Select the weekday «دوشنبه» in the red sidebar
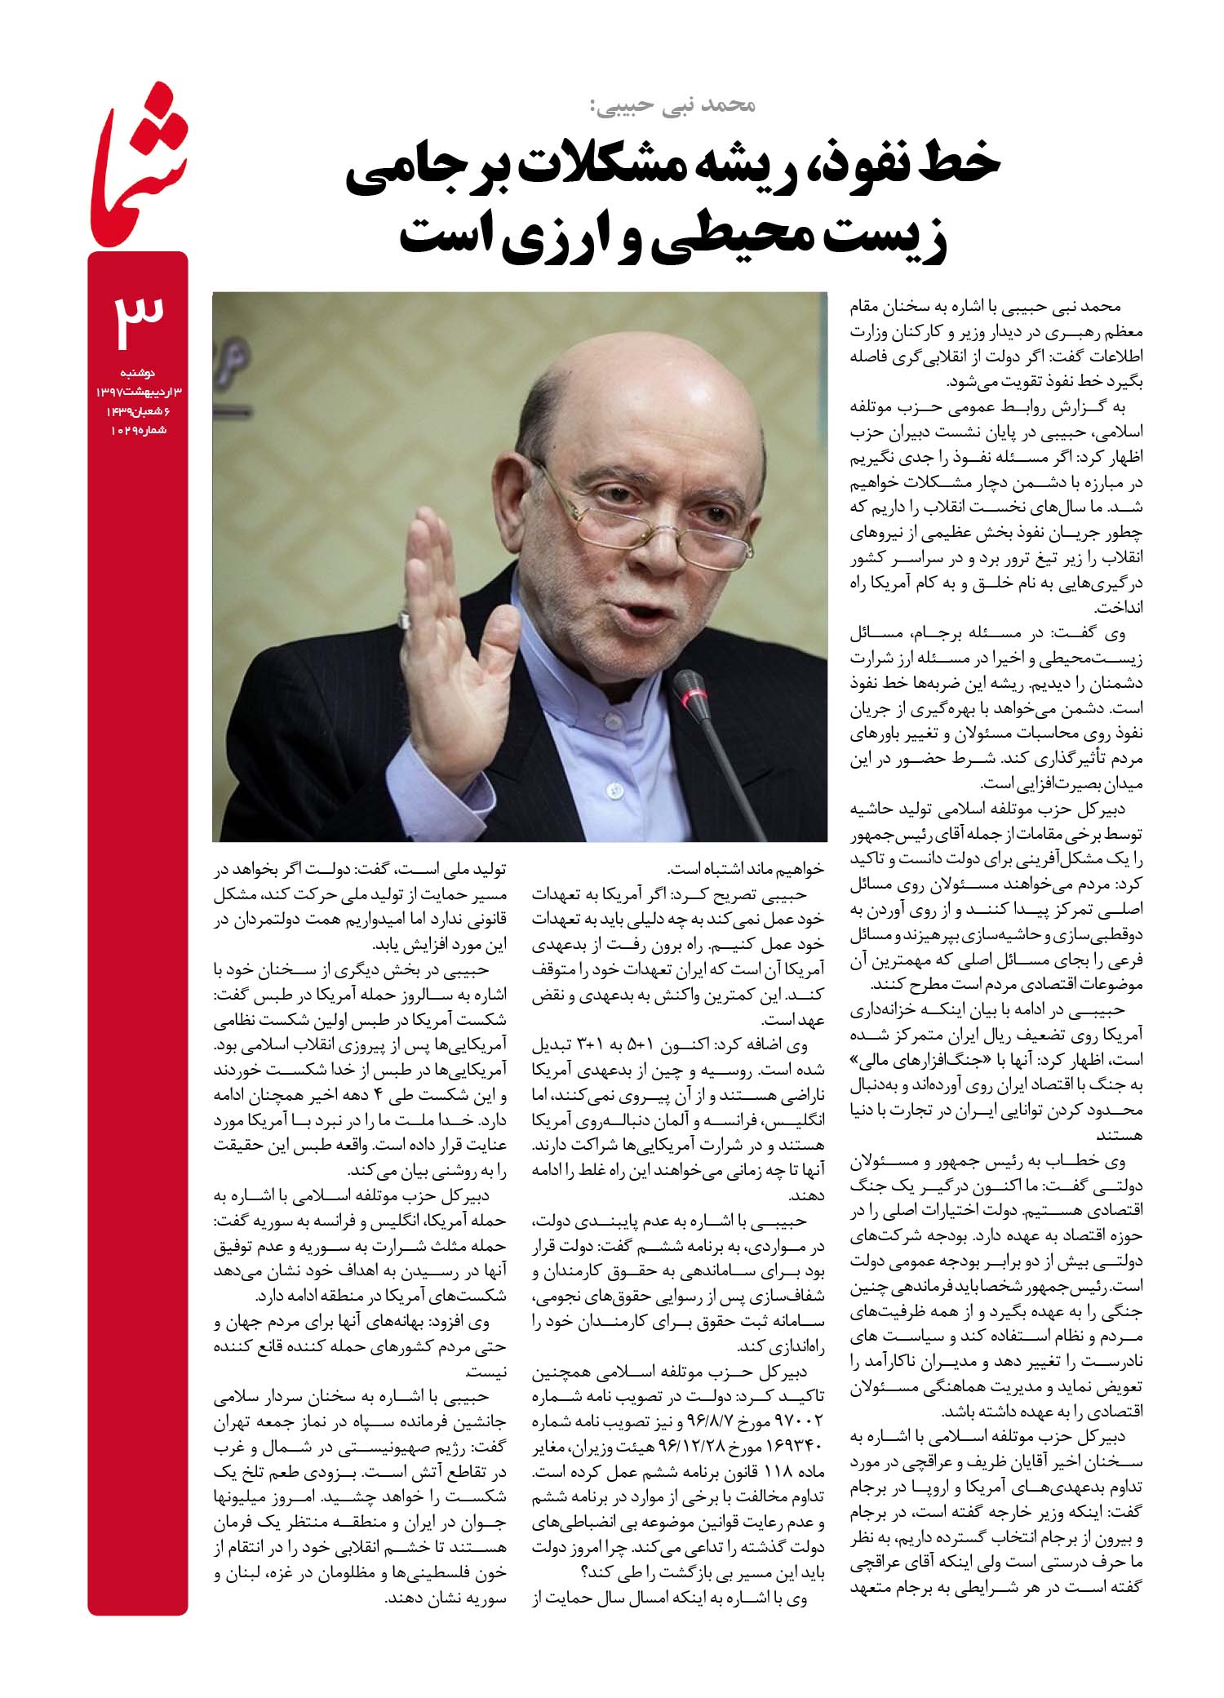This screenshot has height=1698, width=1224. [x=147, y=373]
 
